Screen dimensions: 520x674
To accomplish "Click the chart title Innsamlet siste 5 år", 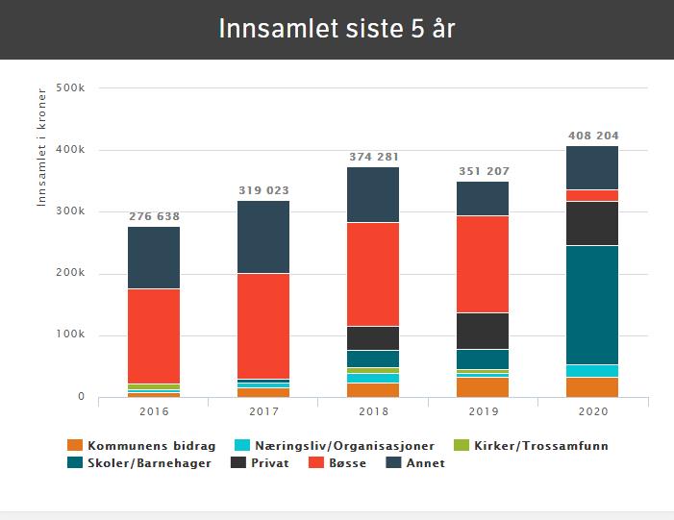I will [x=337, y=29].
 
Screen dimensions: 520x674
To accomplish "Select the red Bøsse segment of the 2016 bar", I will [x=154, y=335].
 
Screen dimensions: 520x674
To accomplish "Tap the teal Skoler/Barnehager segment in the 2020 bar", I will [x=592, y=305].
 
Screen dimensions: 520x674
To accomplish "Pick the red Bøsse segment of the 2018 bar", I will [x=373, y=274].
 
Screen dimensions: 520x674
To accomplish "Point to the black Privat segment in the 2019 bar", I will [x=483, y=331].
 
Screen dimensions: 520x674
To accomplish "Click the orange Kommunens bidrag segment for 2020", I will [x=592, y=386].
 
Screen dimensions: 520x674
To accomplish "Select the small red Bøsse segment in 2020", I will [x=592, y=195].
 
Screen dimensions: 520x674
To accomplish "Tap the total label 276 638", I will [x=154, y=217].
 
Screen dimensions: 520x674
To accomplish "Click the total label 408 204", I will [x=592, y=136].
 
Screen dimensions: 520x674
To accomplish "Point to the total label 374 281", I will [x=373, y=157].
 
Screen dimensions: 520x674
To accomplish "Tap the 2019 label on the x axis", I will [x=483, y=411].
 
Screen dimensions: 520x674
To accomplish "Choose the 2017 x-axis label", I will [x=263, y=411].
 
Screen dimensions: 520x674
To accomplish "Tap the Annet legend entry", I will [x=415, y=463].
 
